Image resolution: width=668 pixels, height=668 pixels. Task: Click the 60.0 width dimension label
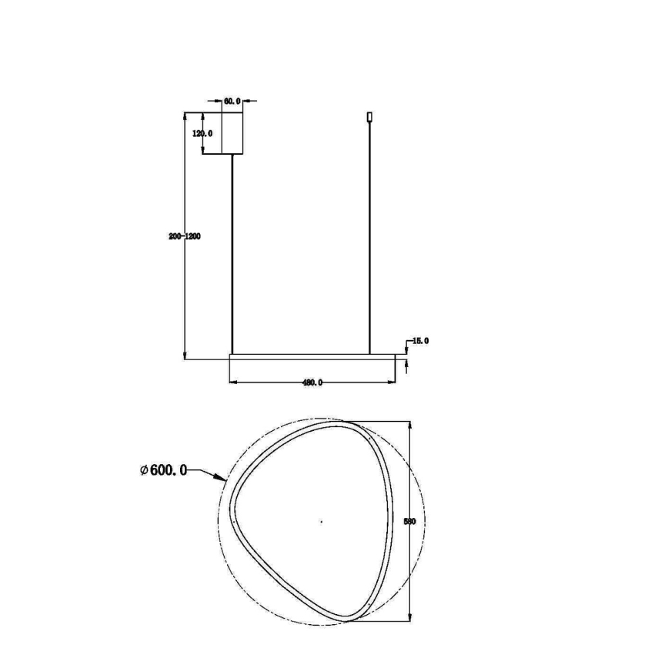(x=232, y=101)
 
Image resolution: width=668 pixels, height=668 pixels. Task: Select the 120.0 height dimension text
(x=202, y=133)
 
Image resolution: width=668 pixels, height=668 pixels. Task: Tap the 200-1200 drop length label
(x=185, y=236)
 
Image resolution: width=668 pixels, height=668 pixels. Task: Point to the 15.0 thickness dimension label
(x=420, y=340)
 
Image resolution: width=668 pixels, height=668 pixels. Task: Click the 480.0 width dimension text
(x=312, y=382)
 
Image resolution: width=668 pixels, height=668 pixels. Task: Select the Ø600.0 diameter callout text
(x=164, y=470)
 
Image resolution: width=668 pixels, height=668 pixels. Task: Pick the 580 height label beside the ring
(x=409, y=522)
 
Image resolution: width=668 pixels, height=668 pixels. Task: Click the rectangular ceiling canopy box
(x=232, y=134)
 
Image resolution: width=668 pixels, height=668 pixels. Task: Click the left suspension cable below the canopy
(x=232, y=254)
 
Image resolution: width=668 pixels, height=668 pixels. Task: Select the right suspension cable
(x=370, y=239)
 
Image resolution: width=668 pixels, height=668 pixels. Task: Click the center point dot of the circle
(x=321, y=522)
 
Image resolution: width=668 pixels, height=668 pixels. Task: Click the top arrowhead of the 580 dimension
(x=409, y=425)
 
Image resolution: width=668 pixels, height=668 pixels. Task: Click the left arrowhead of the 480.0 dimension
(x=233, y=382)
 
